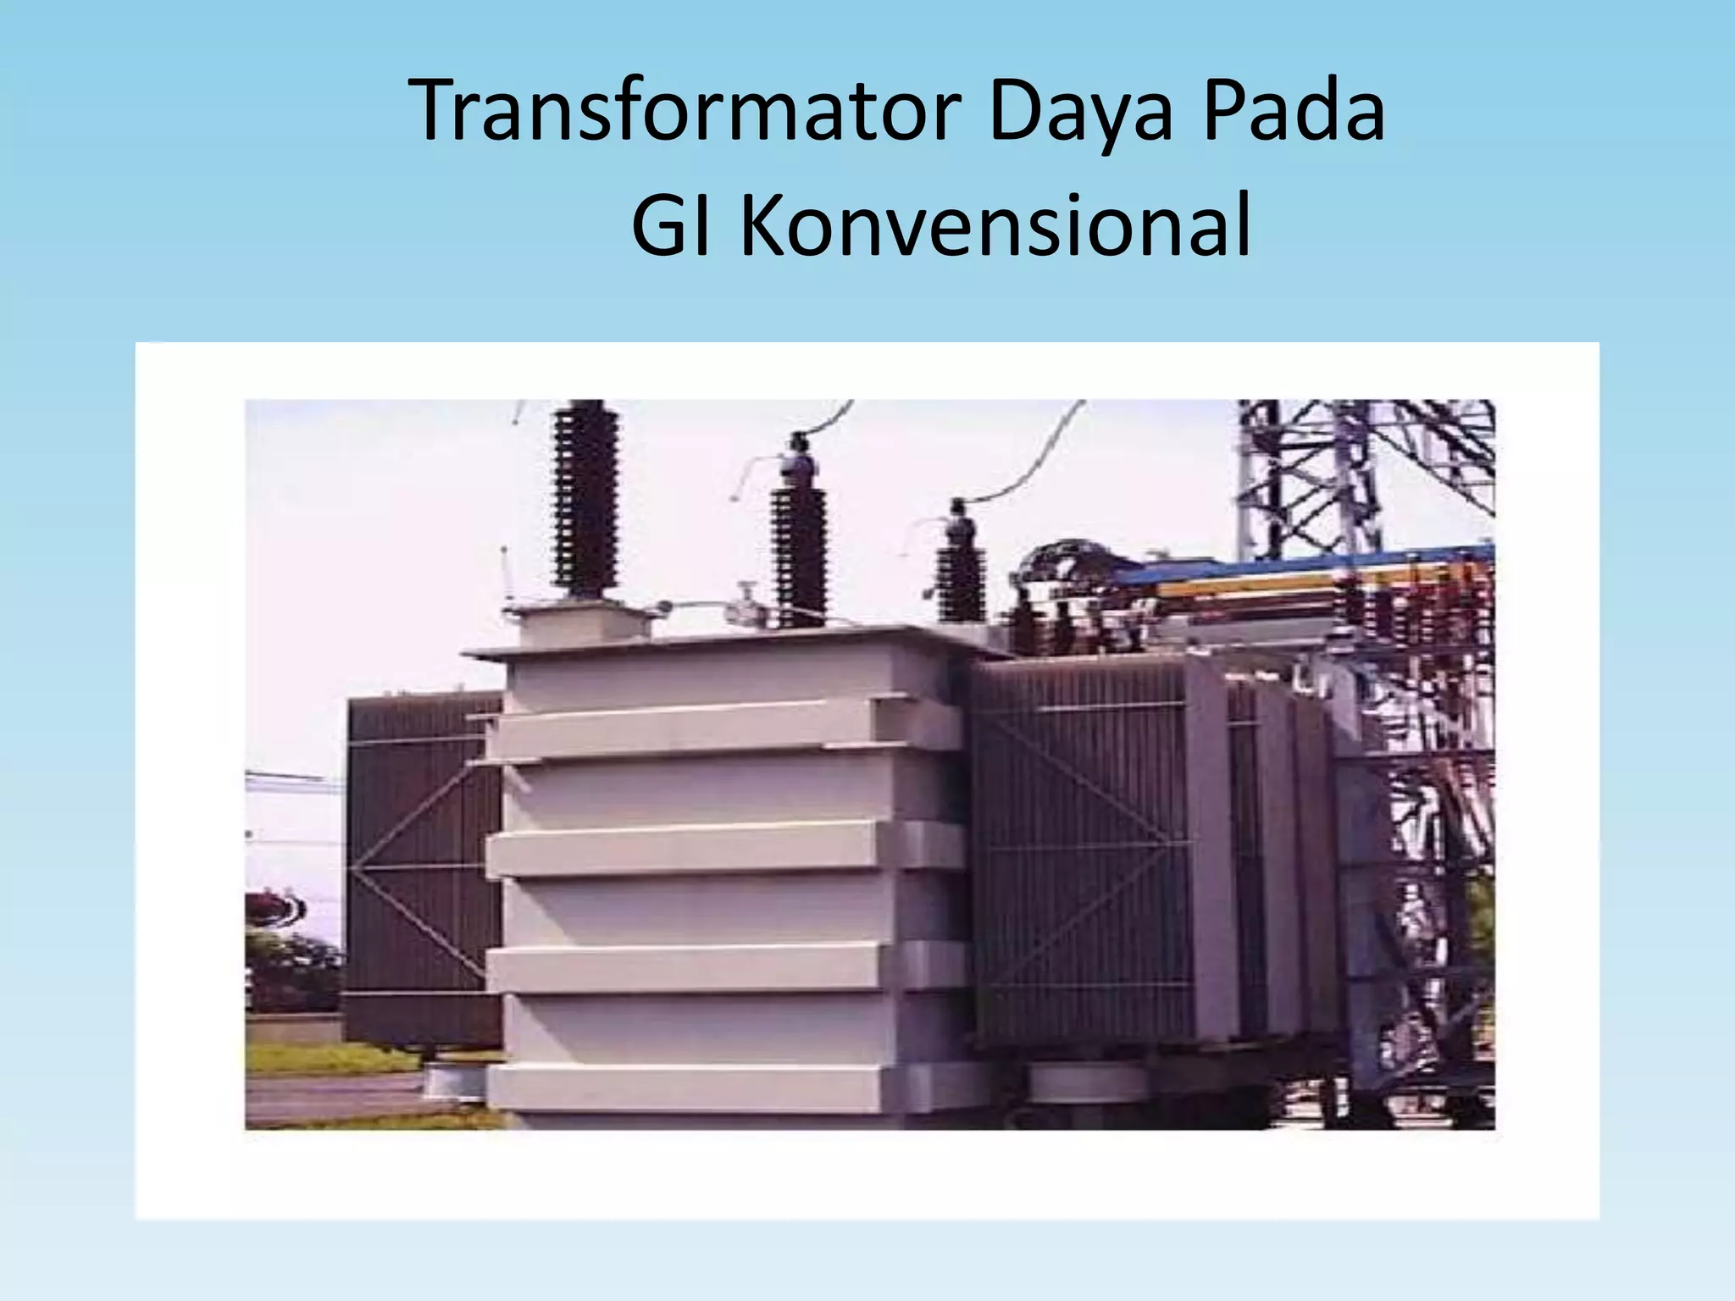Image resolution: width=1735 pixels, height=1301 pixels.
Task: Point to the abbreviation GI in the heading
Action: [x=673, y=227]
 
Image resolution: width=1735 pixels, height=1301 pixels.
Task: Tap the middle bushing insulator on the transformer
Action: [x=798, y=542]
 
